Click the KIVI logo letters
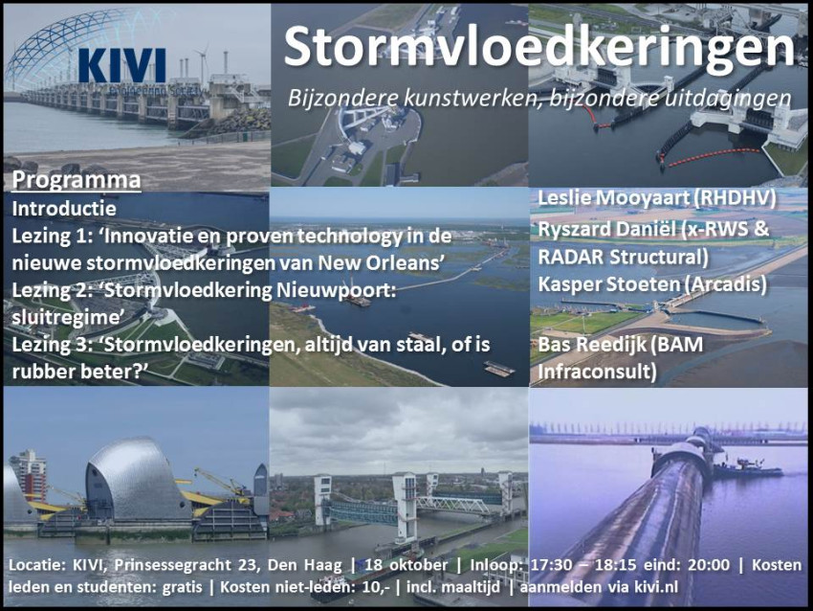[122, 65]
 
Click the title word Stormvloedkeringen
[539, 47]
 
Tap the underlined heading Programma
[77, 180]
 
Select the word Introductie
[64, 209]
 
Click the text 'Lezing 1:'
[50, 237]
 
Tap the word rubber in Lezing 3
[42, 372]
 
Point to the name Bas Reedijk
[586, 344]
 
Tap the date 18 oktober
[406, 565]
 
